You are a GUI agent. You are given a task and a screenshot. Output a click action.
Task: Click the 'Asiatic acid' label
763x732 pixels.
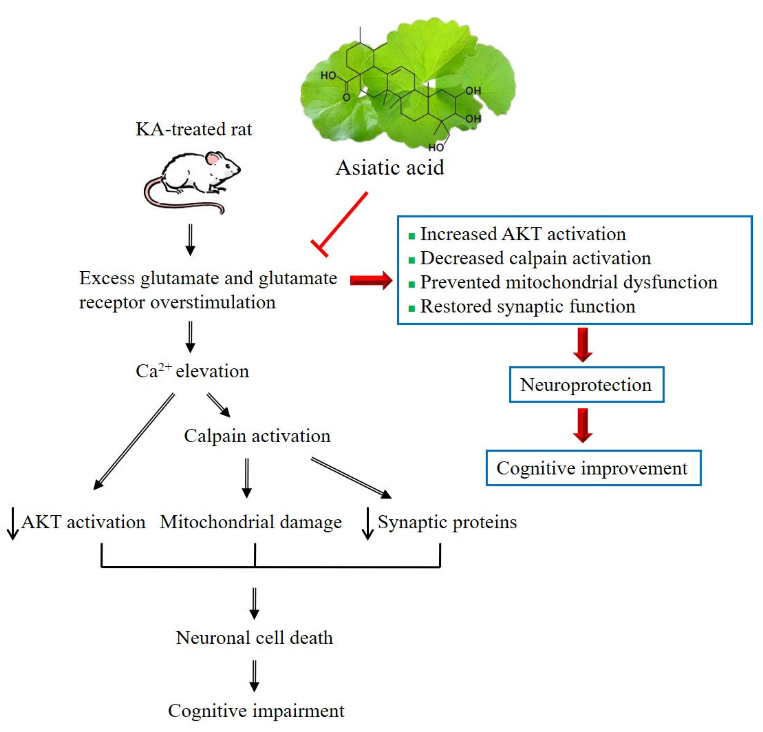tap(390, 167)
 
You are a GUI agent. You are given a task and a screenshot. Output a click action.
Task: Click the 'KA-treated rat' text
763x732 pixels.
tap(193, 129)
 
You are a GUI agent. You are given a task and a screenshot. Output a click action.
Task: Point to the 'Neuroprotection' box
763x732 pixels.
tap(586, 385)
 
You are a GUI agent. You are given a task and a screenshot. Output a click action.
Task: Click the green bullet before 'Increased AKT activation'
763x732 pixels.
tap(411, 236)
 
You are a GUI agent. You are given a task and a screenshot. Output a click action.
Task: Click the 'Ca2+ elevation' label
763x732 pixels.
tap(192, 371)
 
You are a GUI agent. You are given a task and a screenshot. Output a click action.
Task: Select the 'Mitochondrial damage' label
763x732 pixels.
tap(251, 522)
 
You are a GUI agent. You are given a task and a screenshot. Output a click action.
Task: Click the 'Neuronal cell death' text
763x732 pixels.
tap(254, 638)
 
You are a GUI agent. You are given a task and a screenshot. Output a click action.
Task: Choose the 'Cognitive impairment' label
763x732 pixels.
tap(256, 711)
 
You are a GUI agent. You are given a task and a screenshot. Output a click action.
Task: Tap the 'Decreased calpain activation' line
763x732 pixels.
tap(535, 258)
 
